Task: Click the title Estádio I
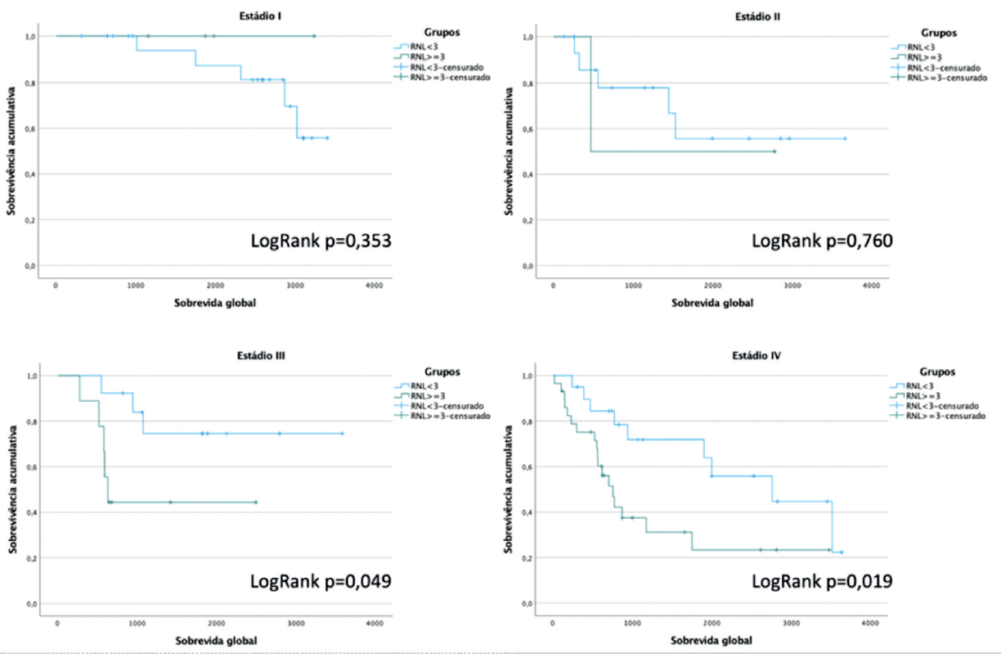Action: tap(214, 16)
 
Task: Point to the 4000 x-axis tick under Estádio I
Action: tap(374, 285)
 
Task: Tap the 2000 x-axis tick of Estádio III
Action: tap(216, 624)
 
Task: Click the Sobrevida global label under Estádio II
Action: tap(712, 302)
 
